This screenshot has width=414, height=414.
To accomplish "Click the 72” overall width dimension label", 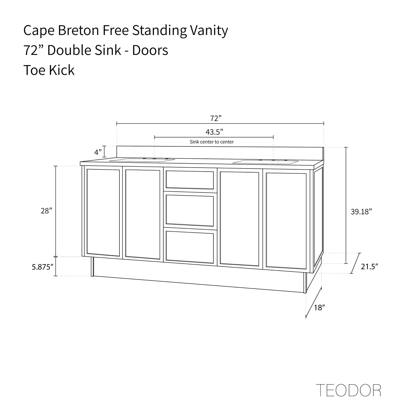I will [216, 118].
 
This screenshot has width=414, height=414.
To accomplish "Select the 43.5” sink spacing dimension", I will [214, 132].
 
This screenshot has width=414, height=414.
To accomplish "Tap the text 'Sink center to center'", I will [212, 142].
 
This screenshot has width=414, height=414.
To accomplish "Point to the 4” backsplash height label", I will [98, 152].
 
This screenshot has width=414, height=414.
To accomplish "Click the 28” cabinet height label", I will [46, 211].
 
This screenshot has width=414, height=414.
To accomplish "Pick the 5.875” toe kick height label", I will [43, 267].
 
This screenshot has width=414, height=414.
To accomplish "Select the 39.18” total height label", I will [361, 212].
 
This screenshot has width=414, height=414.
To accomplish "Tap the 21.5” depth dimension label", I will [370, 266].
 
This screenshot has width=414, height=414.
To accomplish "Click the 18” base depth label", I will [319, 308].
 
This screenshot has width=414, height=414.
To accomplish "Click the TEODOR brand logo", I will [348, 390].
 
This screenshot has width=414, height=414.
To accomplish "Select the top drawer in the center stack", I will [190, 180].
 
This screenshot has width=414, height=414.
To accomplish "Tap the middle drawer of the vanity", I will [190, 210].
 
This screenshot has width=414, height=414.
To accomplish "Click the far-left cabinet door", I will [103, 212].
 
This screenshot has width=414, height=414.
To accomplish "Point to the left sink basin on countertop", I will [142, 160].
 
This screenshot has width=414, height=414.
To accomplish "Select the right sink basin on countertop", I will [265, 162].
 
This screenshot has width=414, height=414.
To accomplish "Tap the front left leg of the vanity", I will [92, 266].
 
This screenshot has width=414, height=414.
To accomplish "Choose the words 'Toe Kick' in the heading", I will [49, 70].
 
